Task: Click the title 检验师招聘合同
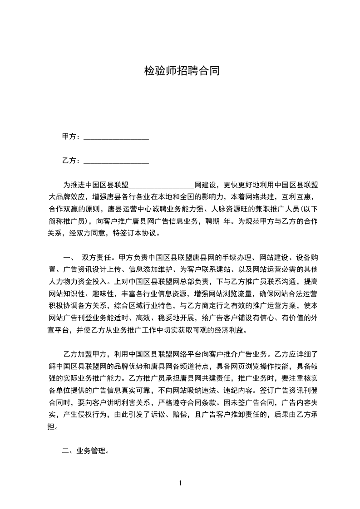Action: (x=182, y=71)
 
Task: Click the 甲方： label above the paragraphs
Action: (x=72, y=137)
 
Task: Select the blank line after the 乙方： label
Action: (x=116, y=162)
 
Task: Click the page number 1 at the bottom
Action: (x=180, y=483)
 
